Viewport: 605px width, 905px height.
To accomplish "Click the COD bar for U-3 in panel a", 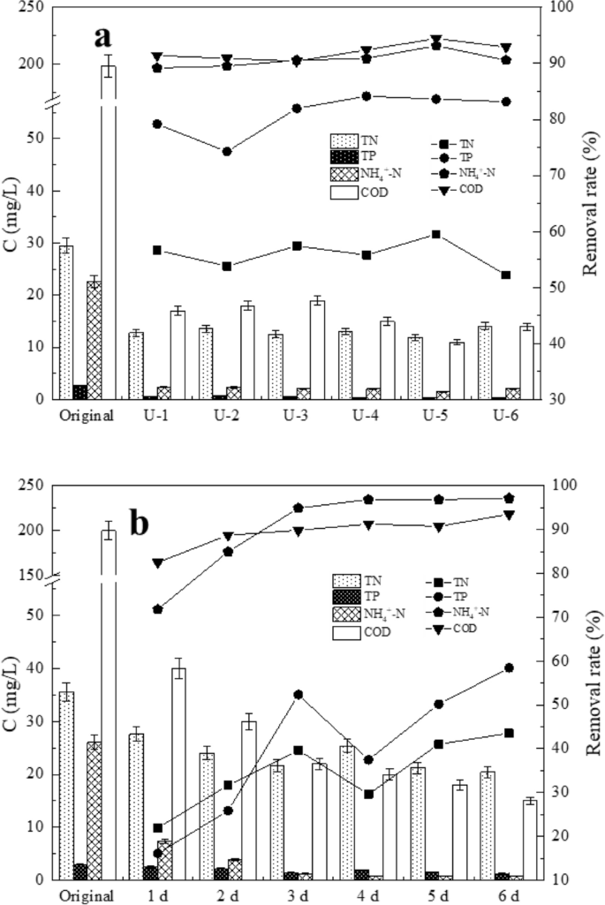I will pyautogui.click(x=317, y=350).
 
